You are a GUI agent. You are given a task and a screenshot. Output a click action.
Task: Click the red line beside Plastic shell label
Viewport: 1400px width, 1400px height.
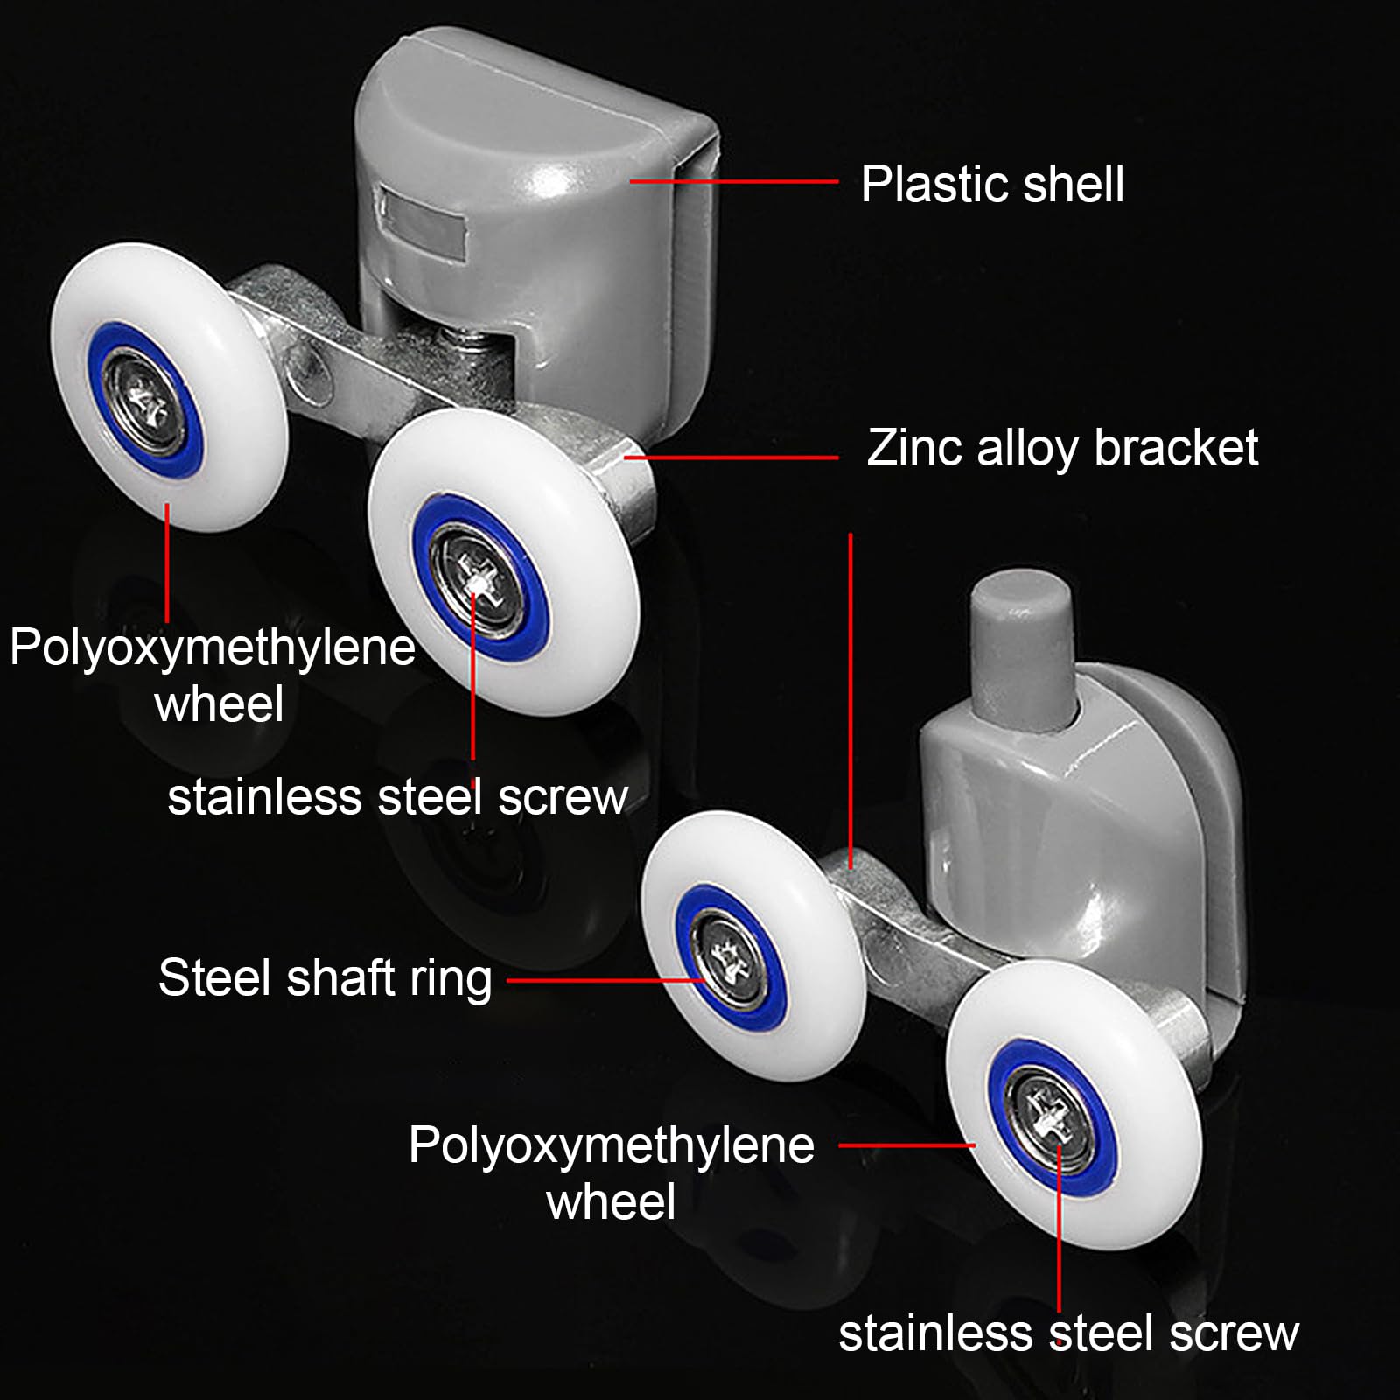pos(734,181)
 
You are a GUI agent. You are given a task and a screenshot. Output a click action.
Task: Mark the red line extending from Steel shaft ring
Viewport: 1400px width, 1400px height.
pos(606,980)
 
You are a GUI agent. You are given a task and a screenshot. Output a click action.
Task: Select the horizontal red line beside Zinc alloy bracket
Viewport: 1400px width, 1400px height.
pos(731,457)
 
